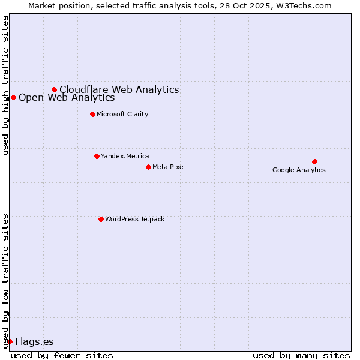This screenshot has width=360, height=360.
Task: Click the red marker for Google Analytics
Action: point(314,161)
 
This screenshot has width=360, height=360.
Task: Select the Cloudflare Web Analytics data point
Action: point(54,89)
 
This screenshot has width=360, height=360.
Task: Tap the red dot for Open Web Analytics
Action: point(13,97)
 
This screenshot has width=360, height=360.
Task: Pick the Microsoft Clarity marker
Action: point(92,114)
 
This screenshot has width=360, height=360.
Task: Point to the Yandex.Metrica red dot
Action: point(97,156)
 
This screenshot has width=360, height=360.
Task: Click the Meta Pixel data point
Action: point(148,167)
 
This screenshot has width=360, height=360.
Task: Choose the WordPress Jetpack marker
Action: point(101,219)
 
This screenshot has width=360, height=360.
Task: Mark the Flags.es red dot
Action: point(10,341)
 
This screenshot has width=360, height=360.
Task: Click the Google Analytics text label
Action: point(299,170)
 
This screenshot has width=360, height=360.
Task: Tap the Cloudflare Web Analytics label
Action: point(119,89)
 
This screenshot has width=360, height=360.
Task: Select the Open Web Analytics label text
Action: point(67,97)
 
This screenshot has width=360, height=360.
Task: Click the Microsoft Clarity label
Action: point(122,114)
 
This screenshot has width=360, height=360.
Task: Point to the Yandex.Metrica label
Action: point(125,156)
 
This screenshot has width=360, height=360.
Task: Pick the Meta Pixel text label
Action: point(169,167)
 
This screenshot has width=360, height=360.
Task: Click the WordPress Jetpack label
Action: point(134,219)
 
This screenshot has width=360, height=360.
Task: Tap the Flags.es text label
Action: point(34,341)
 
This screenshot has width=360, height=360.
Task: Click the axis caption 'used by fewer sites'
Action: point(62,355)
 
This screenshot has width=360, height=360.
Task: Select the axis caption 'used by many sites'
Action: point(301,355)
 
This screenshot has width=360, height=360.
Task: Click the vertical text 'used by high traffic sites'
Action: point(6,85)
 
